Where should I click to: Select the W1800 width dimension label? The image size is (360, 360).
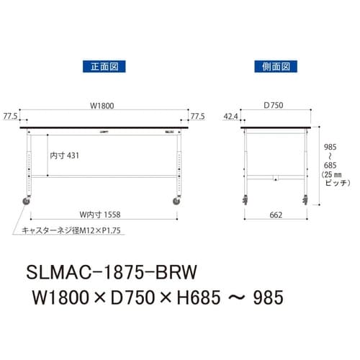(x=102, y=106)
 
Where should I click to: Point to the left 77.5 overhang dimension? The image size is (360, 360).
(x=10, y=115)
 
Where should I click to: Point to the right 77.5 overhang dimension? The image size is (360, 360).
(x=197, y=115)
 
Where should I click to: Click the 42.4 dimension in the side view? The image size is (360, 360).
(x=231, y=115)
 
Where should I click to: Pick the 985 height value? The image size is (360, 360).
(x=328, y=144)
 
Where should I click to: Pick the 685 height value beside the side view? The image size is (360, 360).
(x=328, y=165)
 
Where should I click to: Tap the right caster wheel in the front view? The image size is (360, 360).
(x=177, y=202)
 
